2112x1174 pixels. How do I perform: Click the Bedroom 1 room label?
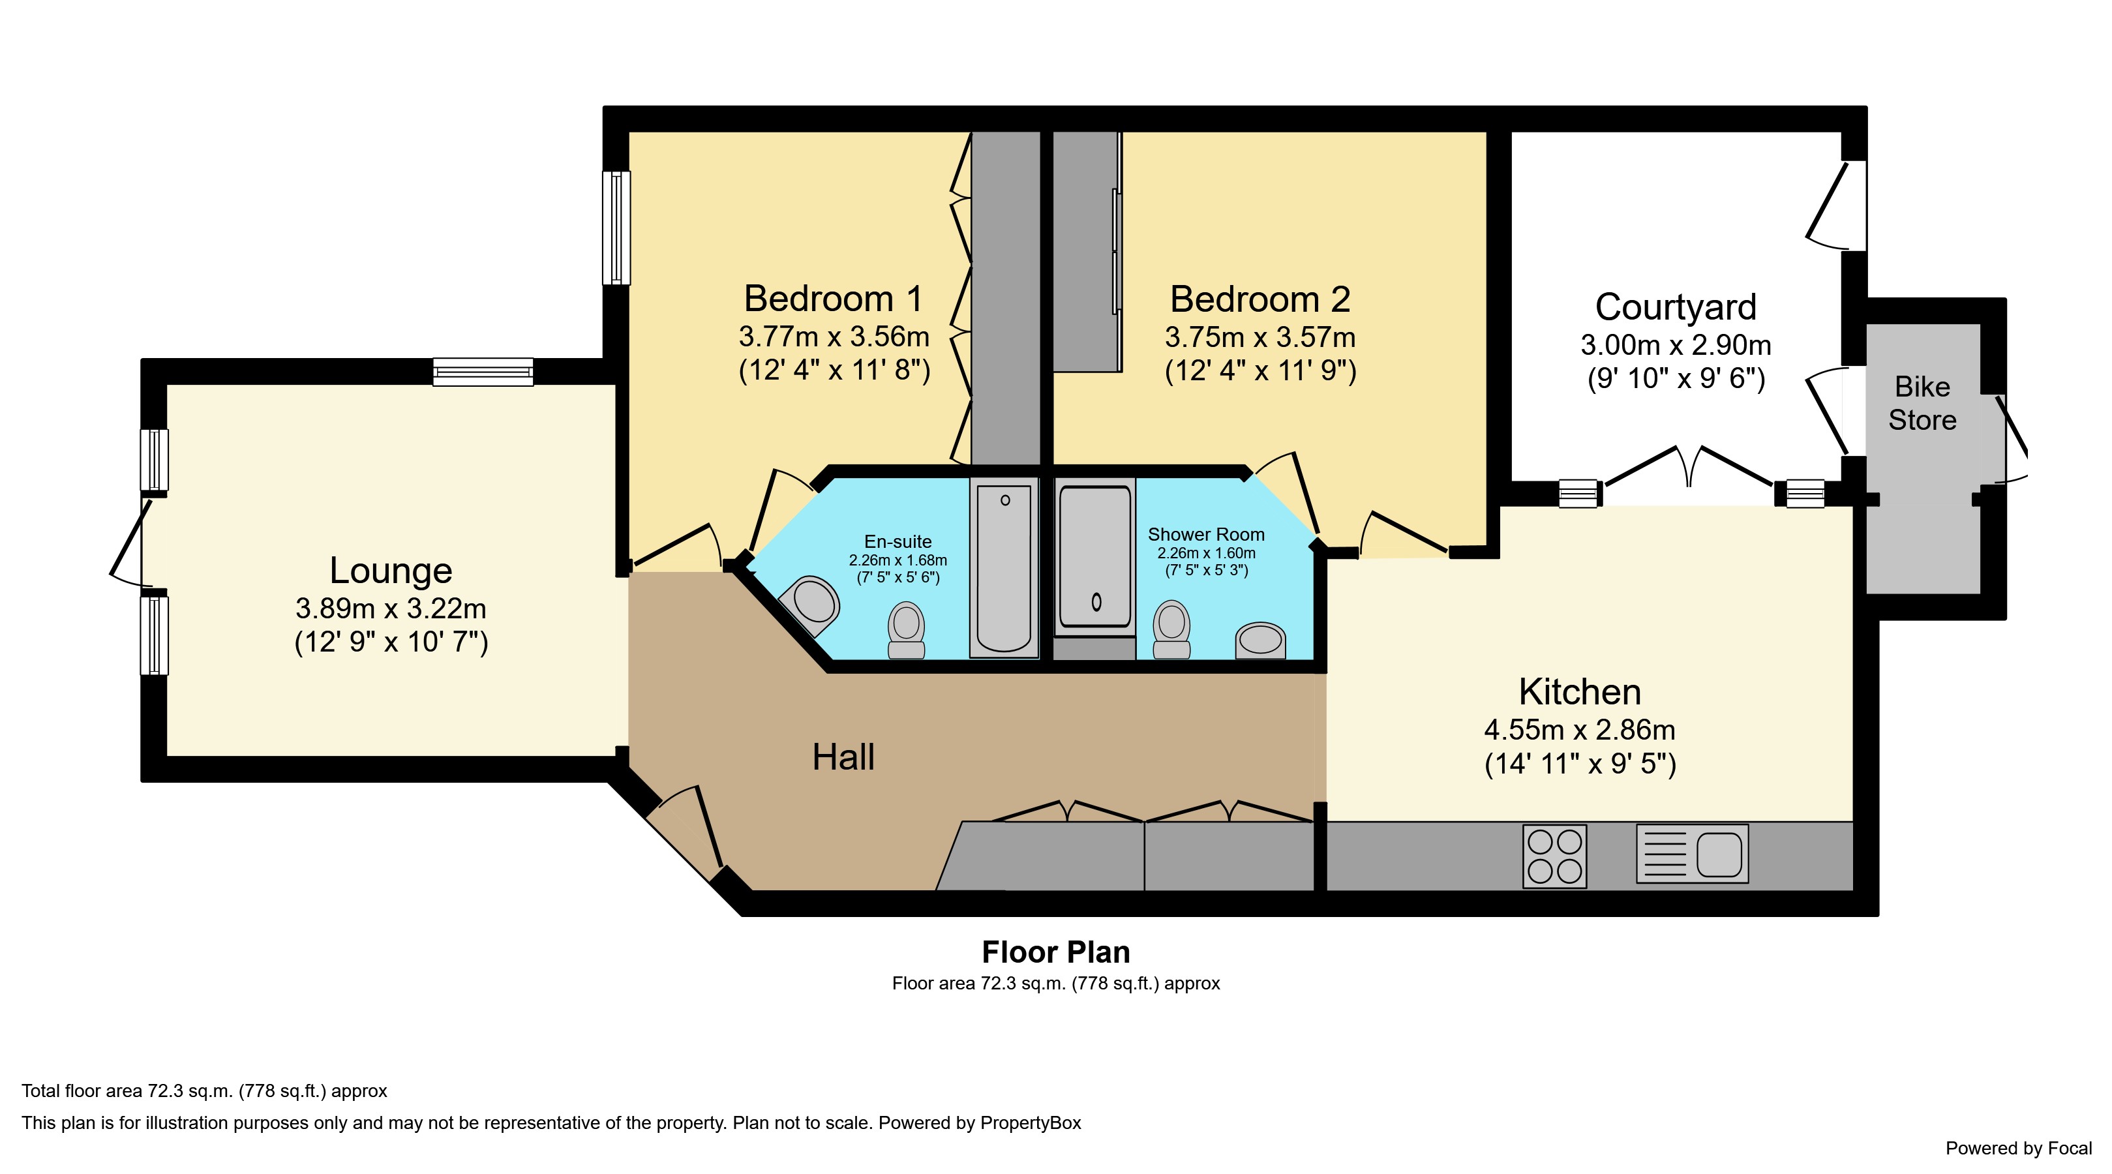[833, 299]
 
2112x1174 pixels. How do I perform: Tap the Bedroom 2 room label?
[1260, 299]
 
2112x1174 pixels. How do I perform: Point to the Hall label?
[843, 757]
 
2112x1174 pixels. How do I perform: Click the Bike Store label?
[1923, 403]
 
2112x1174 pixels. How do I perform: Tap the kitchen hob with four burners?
[1554, 856]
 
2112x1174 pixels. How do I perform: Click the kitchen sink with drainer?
[1692, 854]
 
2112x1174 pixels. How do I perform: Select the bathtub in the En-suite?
[1004, 567]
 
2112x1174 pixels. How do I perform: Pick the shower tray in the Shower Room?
[1095, 558]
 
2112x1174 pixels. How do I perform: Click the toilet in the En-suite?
[906, 629]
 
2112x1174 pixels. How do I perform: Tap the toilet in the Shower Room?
[1171, 629]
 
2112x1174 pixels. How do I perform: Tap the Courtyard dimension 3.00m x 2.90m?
[1676, 345]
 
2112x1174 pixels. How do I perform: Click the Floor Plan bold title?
[1056, 952]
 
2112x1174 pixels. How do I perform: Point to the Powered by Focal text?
[2019, 1149]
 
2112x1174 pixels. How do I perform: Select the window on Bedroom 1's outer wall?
[616, 228]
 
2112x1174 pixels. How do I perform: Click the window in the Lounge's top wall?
[483, 372]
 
